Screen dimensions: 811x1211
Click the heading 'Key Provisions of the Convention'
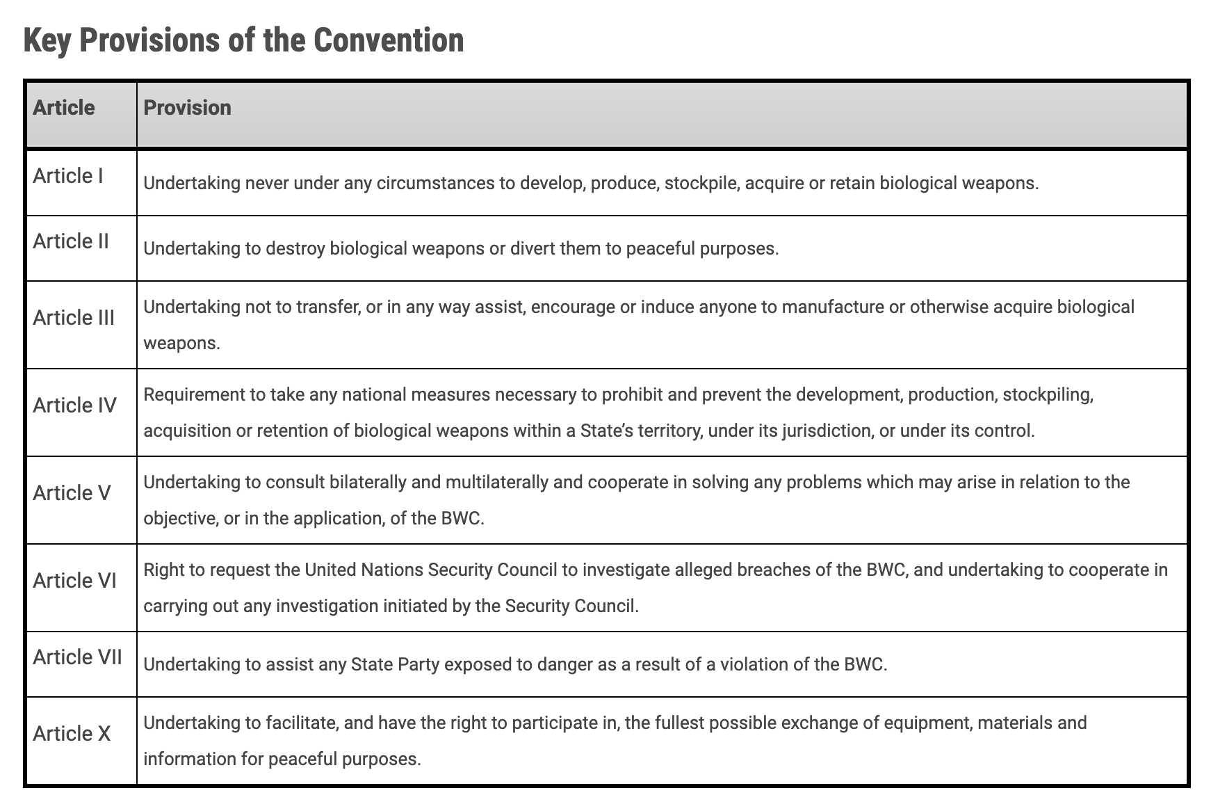243,40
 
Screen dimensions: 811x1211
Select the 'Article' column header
64,108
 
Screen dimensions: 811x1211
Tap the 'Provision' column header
187,108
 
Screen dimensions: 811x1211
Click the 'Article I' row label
68,176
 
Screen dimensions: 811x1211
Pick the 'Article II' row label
71,241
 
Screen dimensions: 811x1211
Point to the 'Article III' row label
74,318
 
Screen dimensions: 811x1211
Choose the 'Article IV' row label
74,405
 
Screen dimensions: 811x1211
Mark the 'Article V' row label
72,493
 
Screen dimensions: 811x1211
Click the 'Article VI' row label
74,581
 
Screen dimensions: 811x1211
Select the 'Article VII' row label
77,657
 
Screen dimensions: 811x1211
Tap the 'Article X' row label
72,734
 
